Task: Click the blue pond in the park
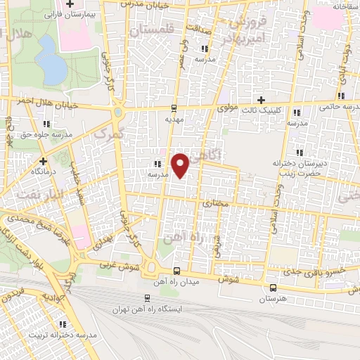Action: tap(49, 60)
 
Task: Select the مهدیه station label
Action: tap(174, 120)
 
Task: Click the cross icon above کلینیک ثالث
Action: tap(262, 100)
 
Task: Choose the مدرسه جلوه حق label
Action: tap(44, 132)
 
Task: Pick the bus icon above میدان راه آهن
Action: tap(175, 271)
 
